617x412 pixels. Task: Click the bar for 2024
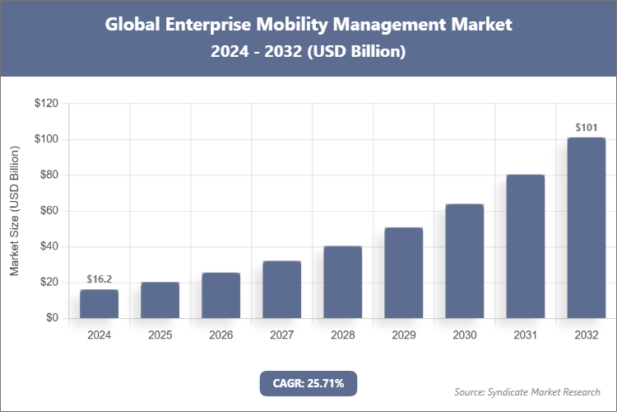[99, 303]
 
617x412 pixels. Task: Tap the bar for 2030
[464, 260]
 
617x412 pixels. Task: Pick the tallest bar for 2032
[586, 227]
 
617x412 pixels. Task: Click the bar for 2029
[403, 273]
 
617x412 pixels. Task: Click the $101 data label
[586, 128]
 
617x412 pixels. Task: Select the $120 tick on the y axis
[45, 104]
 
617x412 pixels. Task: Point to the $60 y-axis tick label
[49, 211]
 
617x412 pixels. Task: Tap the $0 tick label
[51, 318]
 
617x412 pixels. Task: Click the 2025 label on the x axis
[160, 335]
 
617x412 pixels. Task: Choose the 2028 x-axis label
[342, 335]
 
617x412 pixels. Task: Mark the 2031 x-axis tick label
[525, 335]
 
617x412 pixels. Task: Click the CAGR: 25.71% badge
[308, 383]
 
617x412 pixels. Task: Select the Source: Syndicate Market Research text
[527, 391]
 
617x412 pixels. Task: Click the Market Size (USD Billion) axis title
[14, 211]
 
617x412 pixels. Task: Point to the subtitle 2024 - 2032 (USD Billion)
[308, 51]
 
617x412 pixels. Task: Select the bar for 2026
[220, 295]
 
